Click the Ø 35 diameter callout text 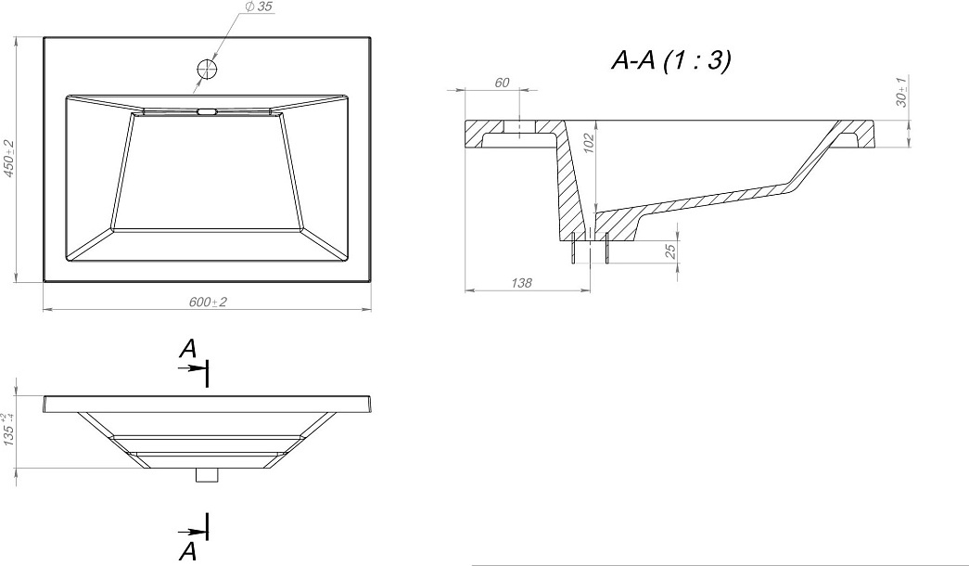tap(259, 6)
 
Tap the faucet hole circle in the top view tap(207, 69)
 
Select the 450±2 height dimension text tap(8, 160)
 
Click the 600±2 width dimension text tap(208, 302)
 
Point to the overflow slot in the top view tap(207, 112)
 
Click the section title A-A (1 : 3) tap(671, 60)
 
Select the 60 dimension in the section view tap(502, 83)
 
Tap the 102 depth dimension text tap(588, 143)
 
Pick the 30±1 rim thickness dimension tap(901, 92)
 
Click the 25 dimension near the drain tap(669, 251)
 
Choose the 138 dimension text tap(521, 283)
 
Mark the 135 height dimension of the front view tap(8, 430)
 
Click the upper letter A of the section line tap(188, 349)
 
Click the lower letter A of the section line tap(188, 550)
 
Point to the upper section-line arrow tap(191, 367)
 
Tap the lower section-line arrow tap(191, 532)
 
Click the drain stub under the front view tap(207, 475)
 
